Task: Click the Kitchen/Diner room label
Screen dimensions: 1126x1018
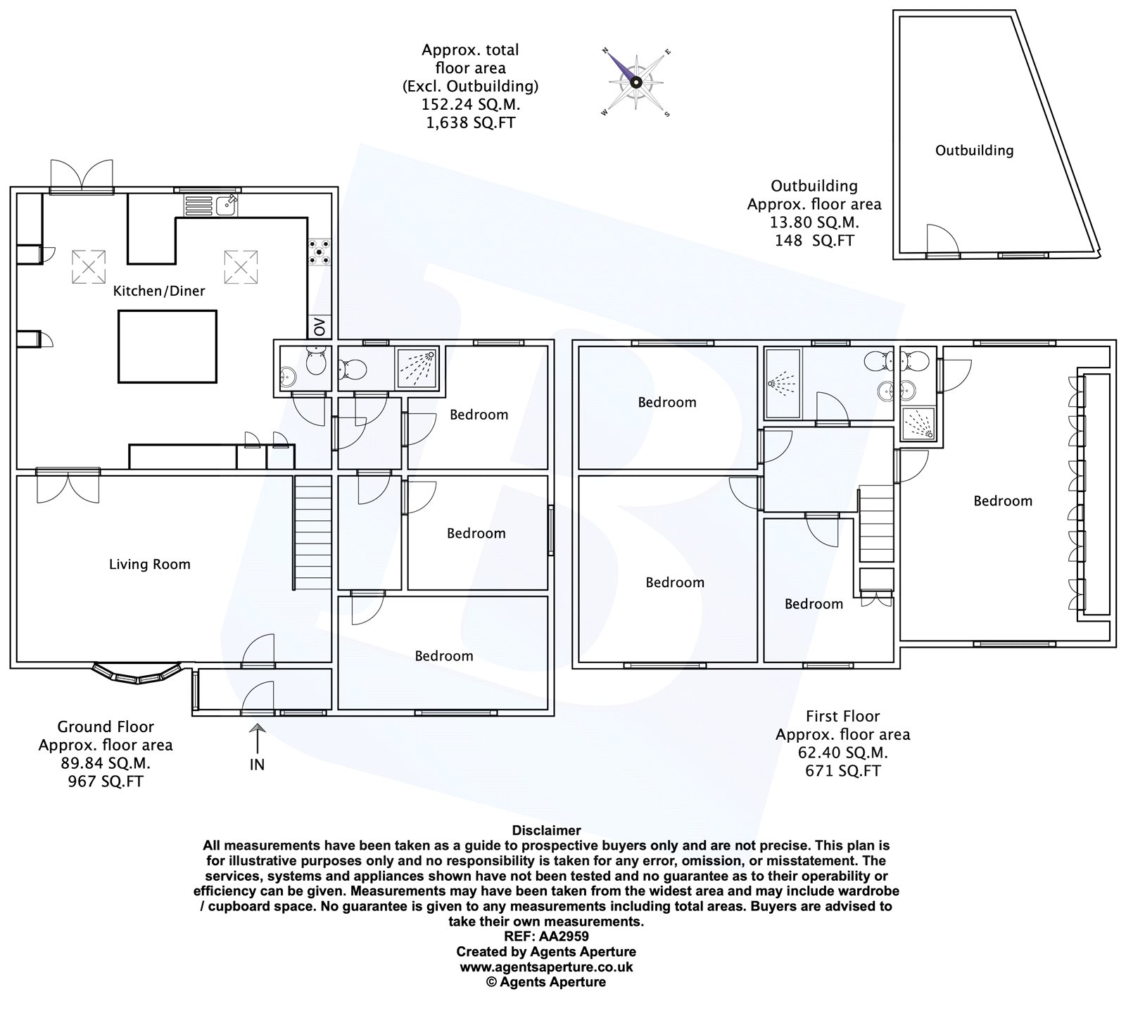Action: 159,291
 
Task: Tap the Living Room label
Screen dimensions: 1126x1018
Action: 149,564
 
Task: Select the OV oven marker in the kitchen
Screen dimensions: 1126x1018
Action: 320,327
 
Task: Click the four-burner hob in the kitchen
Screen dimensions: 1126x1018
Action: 319,251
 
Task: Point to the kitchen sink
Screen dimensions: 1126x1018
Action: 211,206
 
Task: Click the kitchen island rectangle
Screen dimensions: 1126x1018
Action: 167,346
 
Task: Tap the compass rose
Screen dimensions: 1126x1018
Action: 636,82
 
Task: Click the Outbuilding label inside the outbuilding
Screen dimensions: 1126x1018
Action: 974,150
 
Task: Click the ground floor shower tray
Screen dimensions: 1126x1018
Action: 418,367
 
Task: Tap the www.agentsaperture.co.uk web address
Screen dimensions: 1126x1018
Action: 546,967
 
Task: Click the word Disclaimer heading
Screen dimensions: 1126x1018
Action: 546,831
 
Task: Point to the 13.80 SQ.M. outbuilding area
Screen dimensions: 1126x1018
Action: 814,222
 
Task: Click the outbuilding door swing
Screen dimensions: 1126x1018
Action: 942,239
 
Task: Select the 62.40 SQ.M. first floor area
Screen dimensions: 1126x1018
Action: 842,753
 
